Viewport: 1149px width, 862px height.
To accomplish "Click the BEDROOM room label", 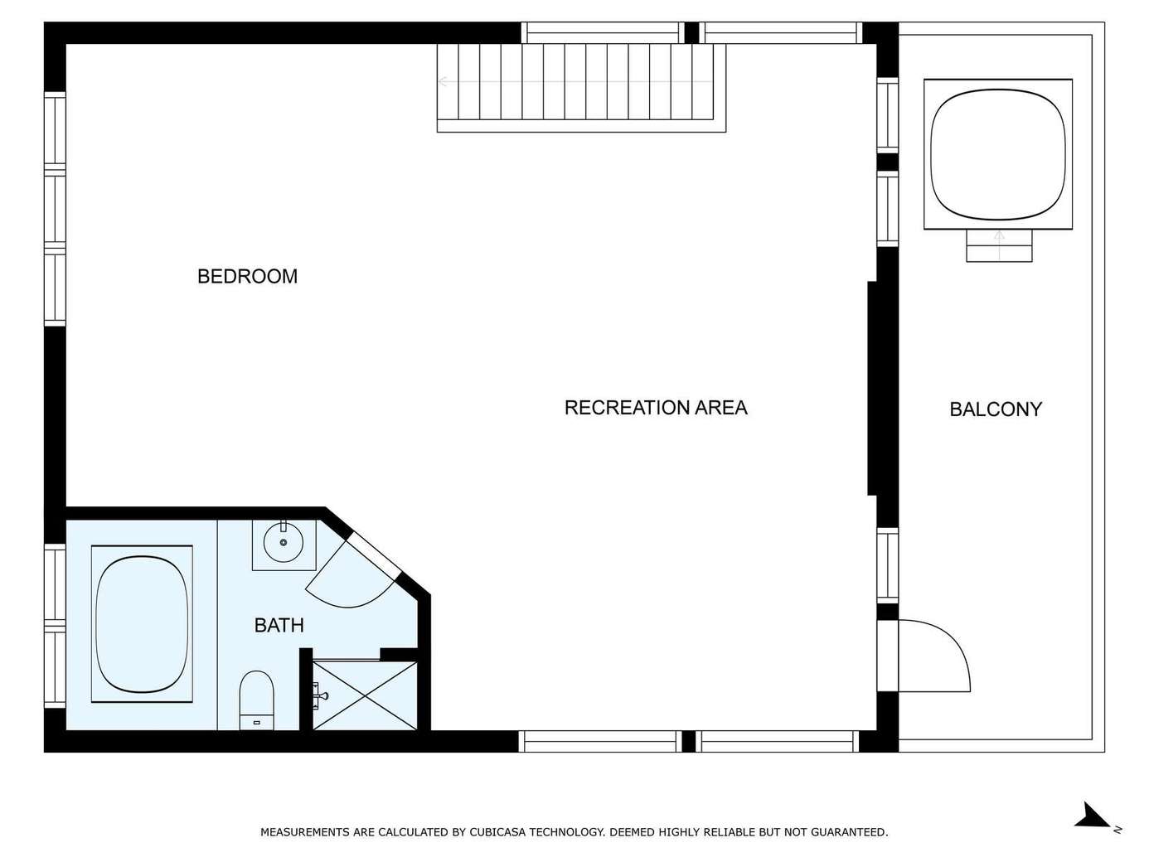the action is coord(247,276).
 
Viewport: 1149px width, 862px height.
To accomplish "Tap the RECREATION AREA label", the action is coord(656,407).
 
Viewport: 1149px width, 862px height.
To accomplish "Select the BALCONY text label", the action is coord(996,409).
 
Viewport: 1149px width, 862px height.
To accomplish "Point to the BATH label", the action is coord(279,625).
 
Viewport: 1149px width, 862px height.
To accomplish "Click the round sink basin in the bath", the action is coord(283,542).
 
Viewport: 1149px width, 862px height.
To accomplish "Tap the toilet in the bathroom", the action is coord(256,700).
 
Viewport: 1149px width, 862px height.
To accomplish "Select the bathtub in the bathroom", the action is coord(142,624).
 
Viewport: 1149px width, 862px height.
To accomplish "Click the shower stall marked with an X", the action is coord(365,695).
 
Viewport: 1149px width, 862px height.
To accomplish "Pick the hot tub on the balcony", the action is coord(998,154).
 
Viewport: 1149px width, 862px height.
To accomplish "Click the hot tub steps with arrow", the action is coord(999,245).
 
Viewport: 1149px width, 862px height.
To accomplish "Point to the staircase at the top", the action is coord(581,87).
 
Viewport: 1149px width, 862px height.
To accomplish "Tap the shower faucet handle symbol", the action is coord(320,695).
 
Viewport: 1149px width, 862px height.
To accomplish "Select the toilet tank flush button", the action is coord(256,722).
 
